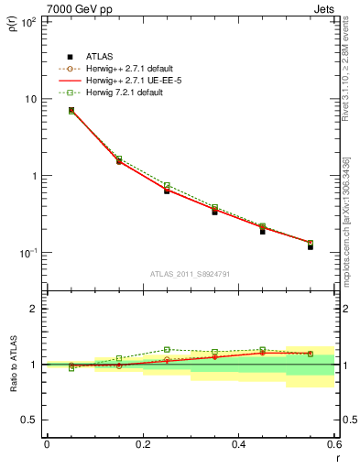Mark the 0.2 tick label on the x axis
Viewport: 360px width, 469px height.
point(142,445)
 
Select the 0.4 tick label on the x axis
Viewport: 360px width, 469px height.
point(238,445)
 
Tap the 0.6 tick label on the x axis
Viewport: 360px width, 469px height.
point(333,445)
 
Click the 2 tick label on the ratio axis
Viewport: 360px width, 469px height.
point(34,309)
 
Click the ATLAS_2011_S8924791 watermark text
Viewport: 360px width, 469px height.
point(190,273)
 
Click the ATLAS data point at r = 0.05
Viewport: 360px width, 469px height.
point(71,111)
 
